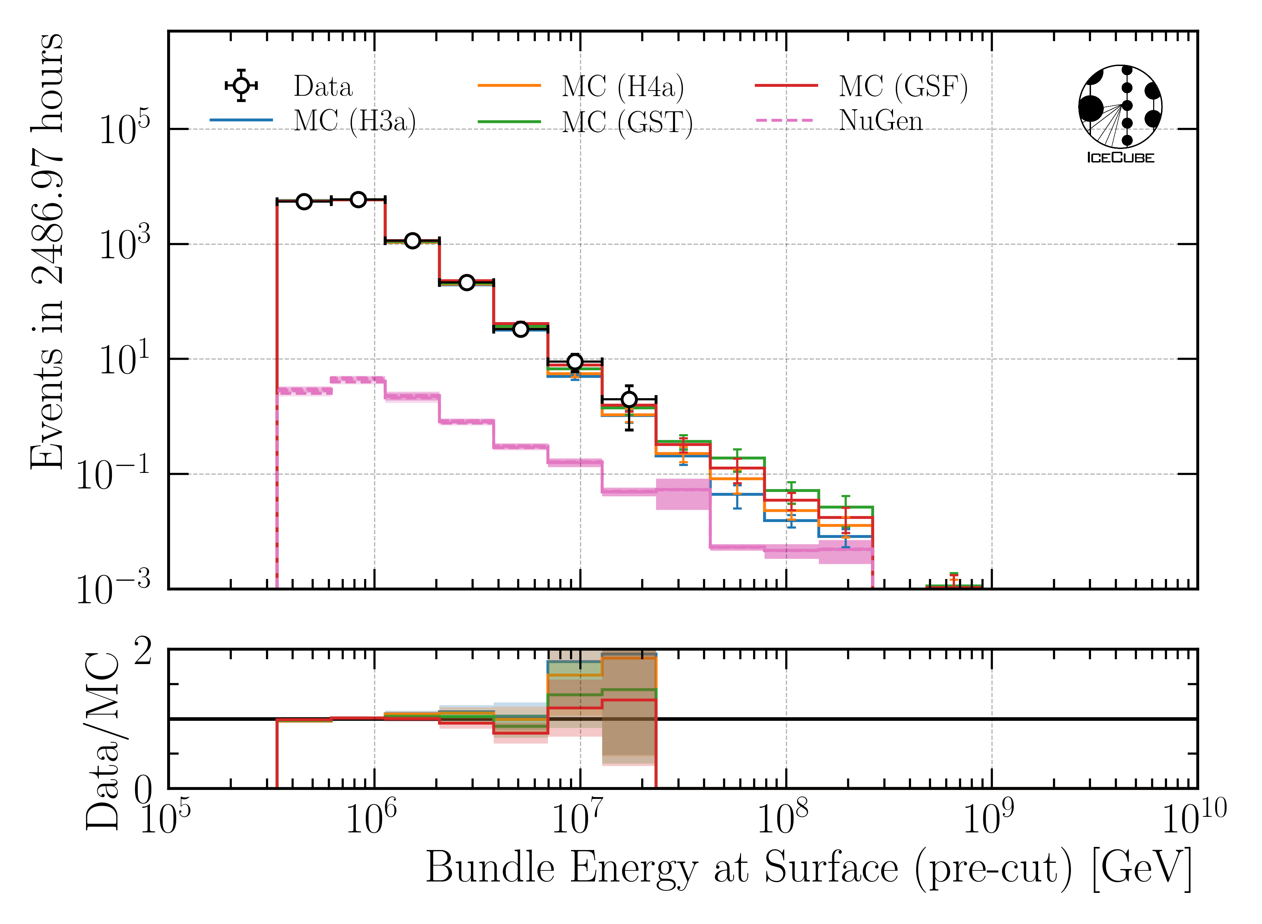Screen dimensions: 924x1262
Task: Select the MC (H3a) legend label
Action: pyautogui.click(x=355, y=121)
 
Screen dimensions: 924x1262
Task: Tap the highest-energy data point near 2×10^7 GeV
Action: pyautogui.click(x=629, y=399)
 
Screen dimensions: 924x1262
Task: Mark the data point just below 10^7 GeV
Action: pyautogui.click(x=575, y=362)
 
